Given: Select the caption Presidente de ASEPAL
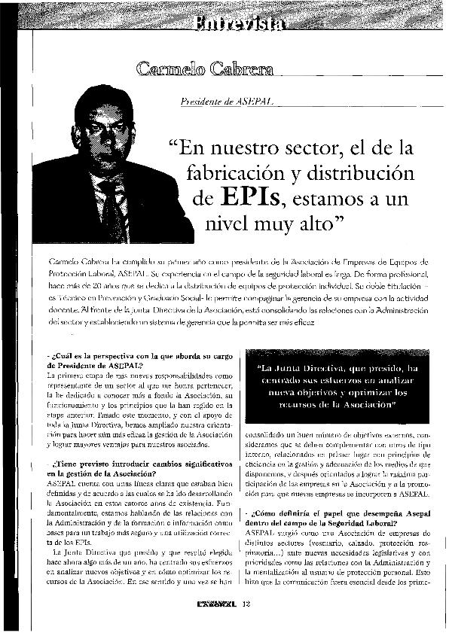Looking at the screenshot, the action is click(x=223, y=101).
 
